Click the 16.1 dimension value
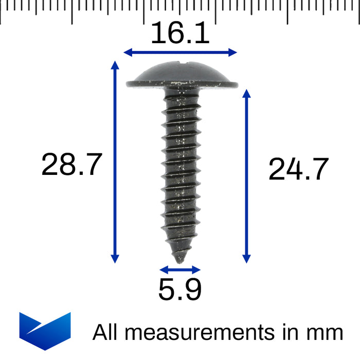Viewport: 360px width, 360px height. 180,33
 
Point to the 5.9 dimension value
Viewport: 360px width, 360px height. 179,290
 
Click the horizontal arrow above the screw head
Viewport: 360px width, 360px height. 180,52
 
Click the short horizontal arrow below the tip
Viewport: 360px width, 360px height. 179,269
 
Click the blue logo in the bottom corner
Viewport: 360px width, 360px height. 45,331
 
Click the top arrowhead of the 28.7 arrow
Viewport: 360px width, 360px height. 115,64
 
